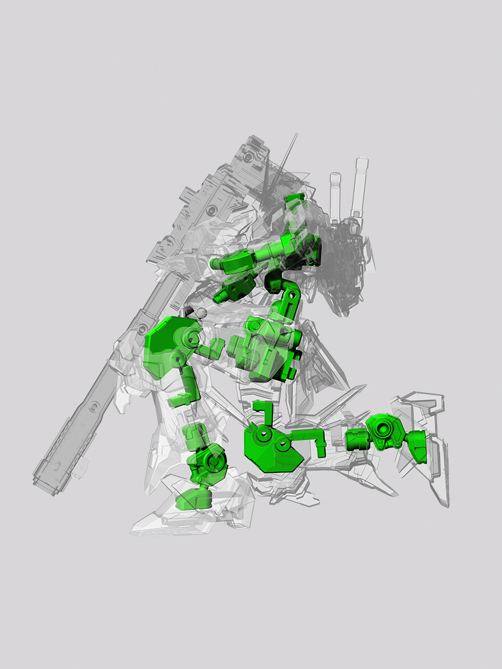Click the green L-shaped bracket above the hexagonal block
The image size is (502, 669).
pos(261,412)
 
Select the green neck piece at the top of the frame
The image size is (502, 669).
pos(293,207)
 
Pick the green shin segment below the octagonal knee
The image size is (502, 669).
pos(187,385)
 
